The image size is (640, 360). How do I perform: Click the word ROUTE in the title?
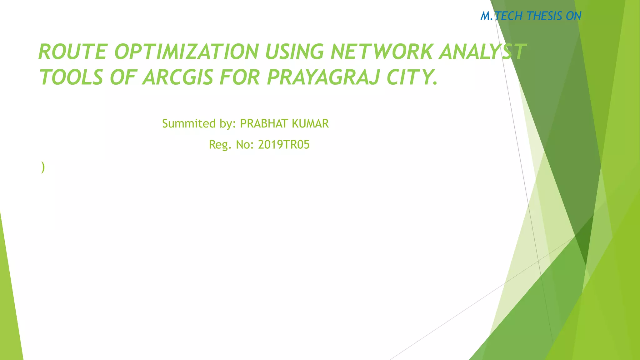tap(73, 52)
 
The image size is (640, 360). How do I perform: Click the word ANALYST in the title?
tap(483, 52)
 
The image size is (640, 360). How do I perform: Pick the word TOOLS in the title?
tap(71, 77)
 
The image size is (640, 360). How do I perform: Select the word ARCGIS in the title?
tap(178, 77)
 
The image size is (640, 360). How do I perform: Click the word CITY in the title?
tap(409, 77)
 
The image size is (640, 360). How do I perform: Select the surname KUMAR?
tap(310, 124)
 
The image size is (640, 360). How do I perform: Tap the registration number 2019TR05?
tap(284, 145)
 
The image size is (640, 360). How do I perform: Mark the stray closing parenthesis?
tap(43, 167)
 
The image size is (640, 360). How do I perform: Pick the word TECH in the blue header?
tap(509, 16)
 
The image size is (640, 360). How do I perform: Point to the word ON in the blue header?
tap(573, 16)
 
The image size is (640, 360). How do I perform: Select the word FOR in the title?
tap(240, 77)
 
